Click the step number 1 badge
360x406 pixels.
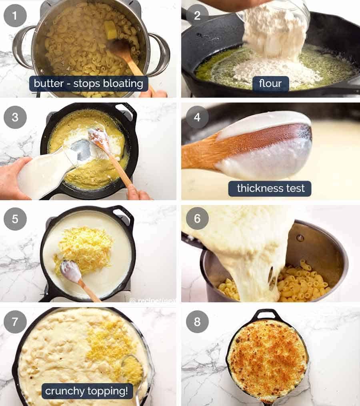(x=15, y=16)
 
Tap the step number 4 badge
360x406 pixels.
(x=197, y=117)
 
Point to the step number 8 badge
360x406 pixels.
(x=197, y=321)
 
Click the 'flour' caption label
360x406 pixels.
(x=270, y=84)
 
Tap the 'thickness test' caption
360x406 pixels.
(x=270, y=188)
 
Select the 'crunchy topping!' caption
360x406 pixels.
(x=87, y=391)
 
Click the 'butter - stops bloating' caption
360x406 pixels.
(x=88, y=84)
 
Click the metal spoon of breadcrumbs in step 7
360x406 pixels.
(x=132, y=368)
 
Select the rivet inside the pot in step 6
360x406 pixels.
(x=300, y=238)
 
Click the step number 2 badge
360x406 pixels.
(x=197, y=16)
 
